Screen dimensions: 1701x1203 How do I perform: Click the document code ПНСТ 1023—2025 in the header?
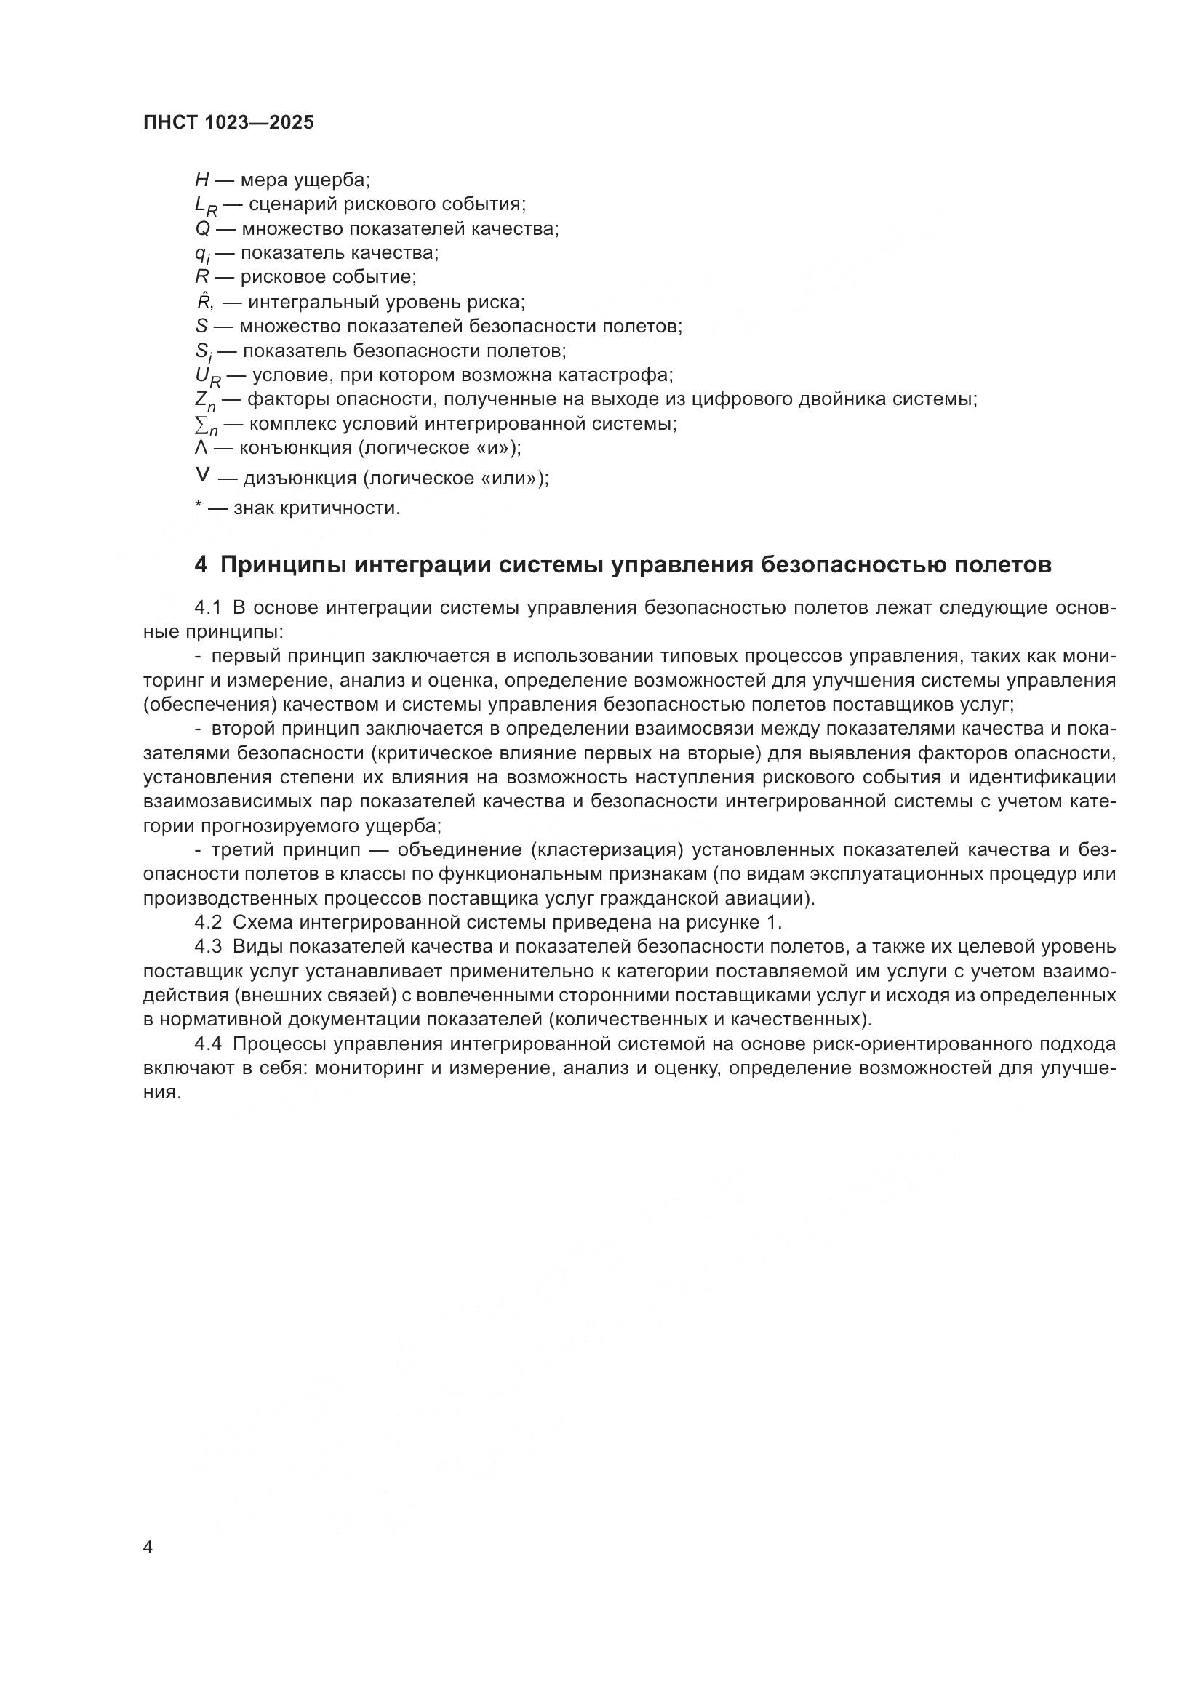pyautogui.click(x=228, y=123)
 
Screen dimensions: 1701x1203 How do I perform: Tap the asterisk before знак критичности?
pyautogui.click(x=198, y=507)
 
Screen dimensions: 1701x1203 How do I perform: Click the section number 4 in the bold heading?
pyautogui.click(x=201, y=564)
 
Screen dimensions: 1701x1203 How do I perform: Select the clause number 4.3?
pyautogui.click(x=208, y=947)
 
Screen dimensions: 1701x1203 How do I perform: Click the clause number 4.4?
pyautogui.click(x=208, y=1044)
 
